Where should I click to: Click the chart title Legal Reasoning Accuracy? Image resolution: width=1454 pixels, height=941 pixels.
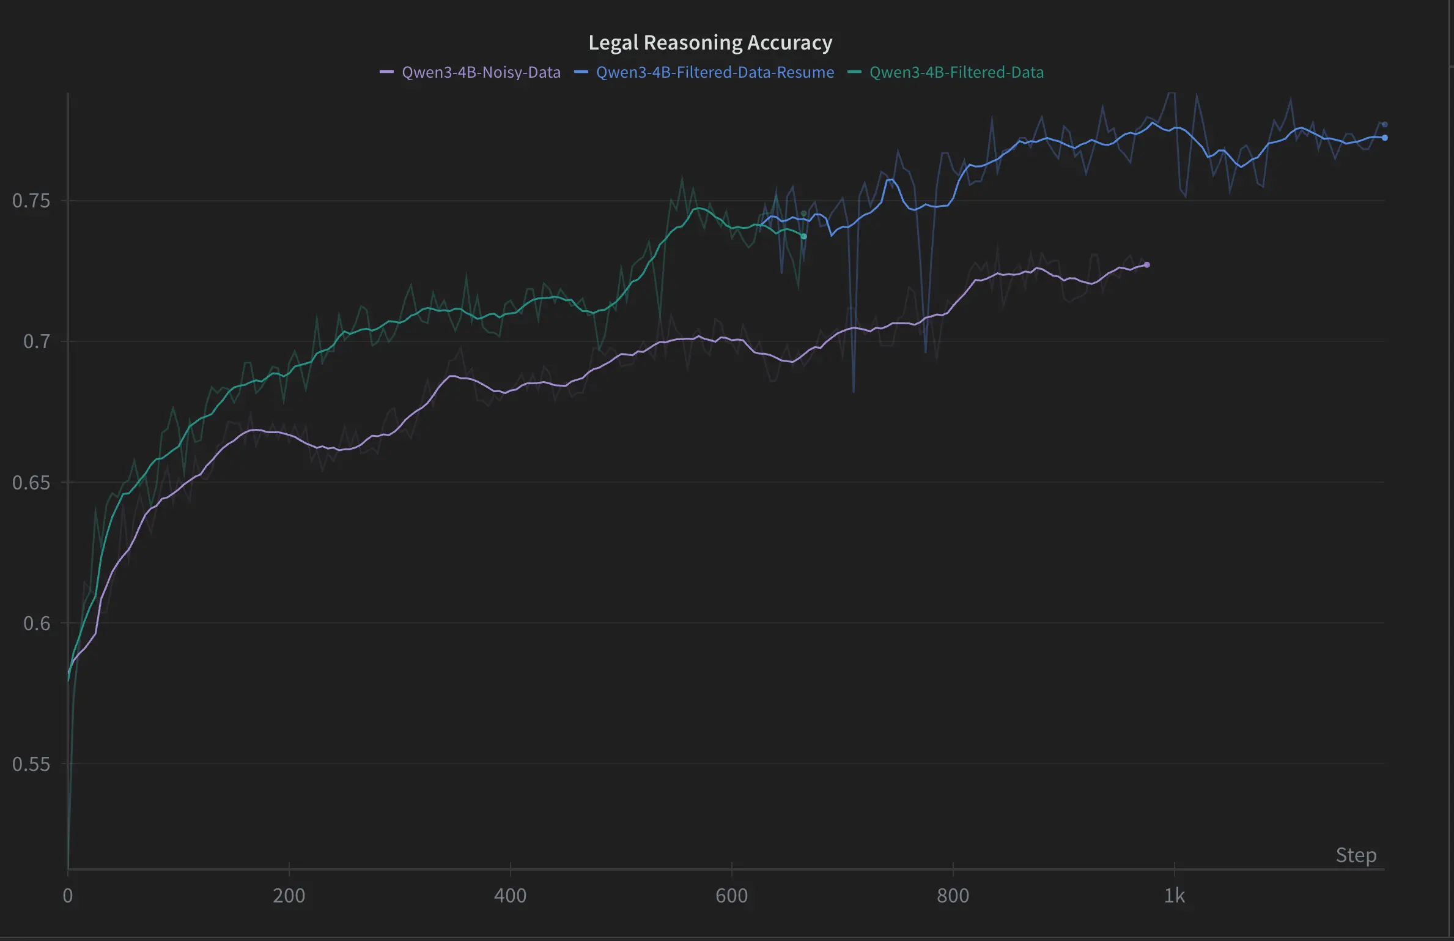[710, 42]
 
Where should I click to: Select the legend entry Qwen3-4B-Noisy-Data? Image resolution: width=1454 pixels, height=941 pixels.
[481, 72]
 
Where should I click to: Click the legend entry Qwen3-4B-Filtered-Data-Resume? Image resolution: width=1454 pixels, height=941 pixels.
[715, 72]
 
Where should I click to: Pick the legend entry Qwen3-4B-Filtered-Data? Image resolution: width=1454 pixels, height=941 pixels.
[956, 72]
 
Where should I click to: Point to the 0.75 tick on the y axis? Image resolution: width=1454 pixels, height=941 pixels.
[31, 201]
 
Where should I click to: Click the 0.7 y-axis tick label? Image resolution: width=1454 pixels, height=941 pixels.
[37, 341]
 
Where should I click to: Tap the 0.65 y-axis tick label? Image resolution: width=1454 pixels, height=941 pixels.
[31, 482]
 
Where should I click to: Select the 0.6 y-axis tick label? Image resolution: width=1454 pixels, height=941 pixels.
[37, 623]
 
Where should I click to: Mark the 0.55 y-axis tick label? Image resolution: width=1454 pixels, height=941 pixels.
[31, 764]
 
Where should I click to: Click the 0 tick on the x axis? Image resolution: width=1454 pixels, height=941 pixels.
[68, 896]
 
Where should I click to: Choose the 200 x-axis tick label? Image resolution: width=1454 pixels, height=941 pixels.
[289, 896]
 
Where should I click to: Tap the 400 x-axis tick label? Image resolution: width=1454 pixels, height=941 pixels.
[510, 896]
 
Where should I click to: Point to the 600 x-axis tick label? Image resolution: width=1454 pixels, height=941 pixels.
[731, 896]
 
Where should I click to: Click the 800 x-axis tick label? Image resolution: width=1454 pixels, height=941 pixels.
[953, 896]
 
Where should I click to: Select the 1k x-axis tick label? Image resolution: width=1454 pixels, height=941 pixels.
[1174, 896]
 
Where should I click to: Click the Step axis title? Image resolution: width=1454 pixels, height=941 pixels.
[1356, 855]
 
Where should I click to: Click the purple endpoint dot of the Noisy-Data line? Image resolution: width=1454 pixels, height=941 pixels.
[1146, 265]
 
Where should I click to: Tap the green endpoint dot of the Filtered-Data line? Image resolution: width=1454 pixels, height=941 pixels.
[803, 236]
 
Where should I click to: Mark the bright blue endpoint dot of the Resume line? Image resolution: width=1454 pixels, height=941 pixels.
[1384, 138]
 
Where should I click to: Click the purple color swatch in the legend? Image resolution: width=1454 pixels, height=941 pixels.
[386, 72]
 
